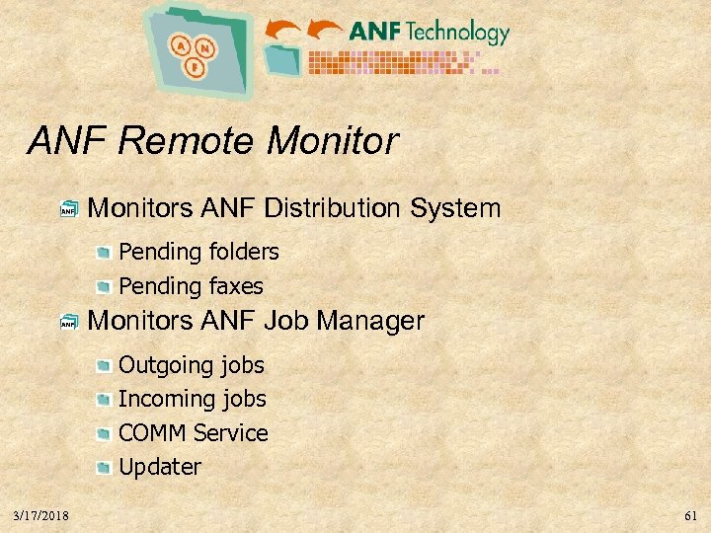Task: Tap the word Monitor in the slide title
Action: tap(332, 141)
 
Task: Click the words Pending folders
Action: tap(198, 252)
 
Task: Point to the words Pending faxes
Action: tap(191, 286)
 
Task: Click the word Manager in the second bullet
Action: tap(372, 321)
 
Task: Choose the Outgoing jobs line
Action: tap(192, 365)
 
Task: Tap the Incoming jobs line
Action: tap(193, 399)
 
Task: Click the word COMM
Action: tap(152, 433)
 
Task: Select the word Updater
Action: tap(160, 467)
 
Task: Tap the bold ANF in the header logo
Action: tap(375, 32)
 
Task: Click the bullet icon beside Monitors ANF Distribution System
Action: tap(67, 209)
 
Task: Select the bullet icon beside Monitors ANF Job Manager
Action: tap(67, 322)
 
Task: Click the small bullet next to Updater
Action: tap(104, 468)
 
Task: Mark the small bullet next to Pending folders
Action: tap(104, 253)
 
